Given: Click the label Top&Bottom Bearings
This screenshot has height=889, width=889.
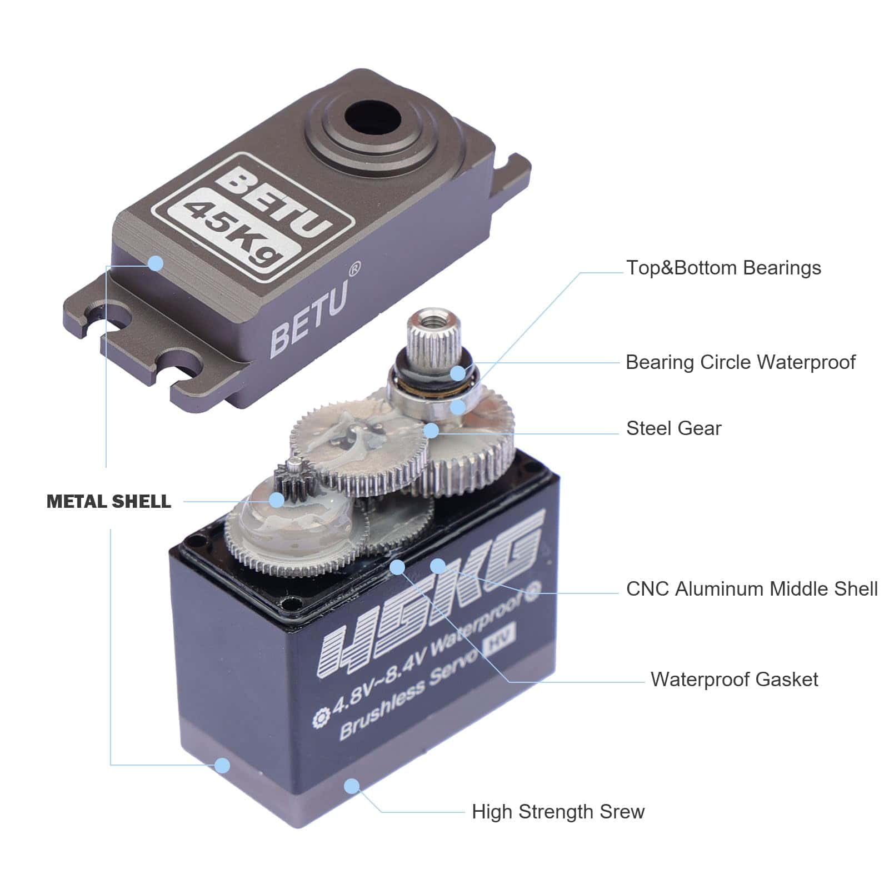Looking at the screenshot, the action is [723, 268].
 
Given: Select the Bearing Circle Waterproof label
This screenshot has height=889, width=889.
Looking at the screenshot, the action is [740, 362].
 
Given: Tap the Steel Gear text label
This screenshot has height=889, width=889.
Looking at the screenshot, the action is [673, 428].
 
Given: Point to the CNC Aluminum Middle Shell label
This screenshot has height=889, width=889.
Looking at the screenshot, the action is [752, 589].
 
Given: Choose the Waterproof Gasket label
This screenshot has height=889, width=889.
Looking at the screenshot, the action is [734, 680].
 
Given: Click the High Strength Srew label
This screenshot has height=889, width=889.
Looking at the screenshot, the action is [558, 812].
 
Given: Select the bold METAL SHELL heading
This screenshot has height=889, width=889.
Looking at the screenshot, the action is [109, 502].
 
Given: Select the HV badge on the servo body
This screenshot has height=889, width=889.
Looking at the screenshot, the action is [500, 637].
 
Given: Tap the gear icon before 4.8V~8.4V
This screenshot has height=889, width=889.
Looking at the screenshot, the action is [321, 718].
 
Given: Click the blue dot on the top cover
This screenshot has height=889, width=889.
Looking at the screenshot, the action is [156, 263].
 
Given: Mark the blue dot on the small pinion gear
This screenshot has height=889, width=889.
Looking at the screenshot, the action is [276, 500].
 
